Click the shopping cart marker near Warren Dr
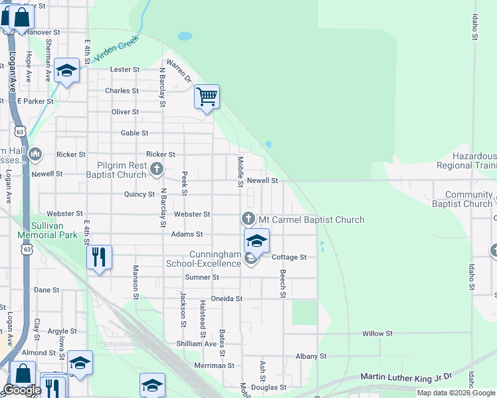(207, 98)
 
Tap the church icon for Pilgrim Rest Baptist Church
(157, 168)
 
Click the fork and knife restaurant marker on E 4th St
(99, 257)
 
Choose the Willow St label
(377, 333)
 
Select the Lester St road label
(124, 69)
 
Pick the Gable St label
(134, 133)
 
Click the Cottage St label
(289, 257)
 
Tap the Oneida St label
(226, 298)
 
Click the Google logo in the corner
(22, 390)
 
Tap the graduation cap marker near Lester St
(66, 70)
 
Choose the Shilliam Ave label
(196, 344)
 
